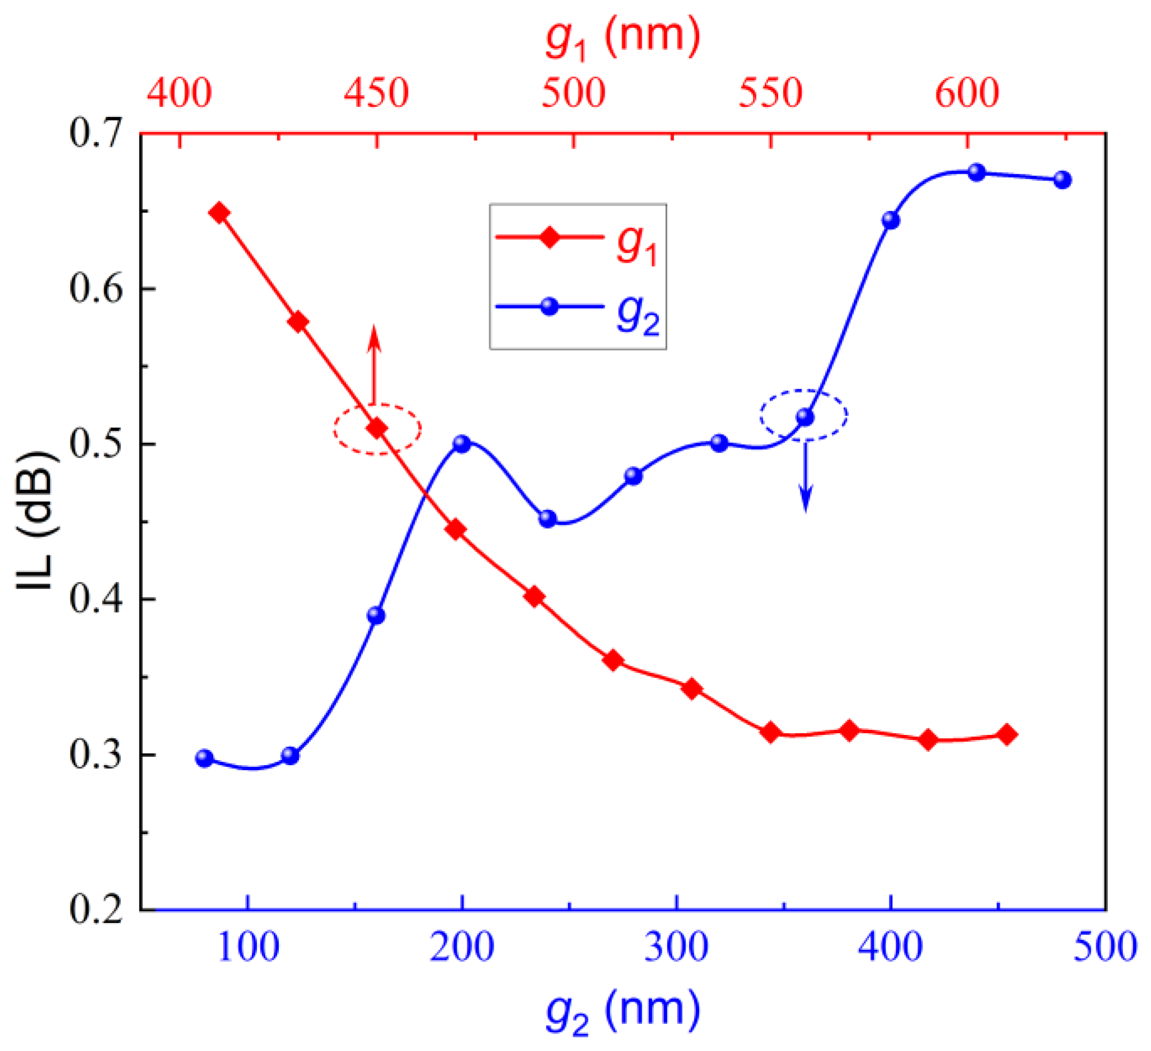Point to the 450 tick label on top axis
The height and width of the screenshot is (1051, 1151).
click(376, 93)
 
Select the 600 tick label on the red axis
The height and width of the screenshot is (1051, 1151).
click(967, 93)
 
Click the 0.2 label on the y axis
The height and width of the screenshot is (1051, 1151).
click(96, 909)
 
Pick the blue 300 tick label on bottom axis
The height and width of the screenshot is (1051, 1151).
click(677, 948)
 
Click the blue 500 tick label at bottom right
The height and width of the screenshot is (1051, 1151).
click(1105, 948)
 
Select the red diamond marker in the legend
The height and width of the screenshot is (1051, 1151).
click(550, 236)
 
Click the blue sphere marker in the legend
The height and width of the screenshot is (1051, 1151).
click(549, 307)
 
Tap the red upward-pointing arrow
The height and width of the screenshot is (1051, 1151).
click(374, 365)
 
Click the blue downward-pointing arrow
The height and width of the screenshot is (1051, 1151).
click(806, 477)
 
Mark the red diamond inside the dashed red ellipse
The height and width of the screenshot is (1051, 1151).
click(377, 428)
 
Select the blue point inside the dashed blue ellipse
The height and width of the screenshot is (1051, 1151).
click(805, 417)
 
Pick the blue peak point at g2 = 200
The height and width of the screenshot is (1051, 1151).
click(462, 444)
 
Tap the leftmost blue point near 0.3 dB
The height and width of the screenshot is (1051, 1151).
click(204, 758)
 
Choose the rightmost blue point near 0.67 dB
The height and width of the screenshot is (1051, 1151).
click(1062, 180)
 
